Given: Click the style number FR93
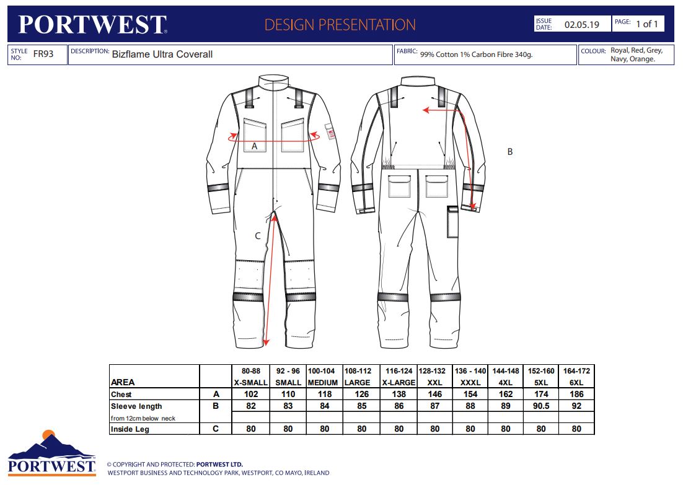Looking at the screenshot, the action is point(43,54).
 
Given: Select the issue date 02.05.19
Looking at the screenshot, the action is point(581,24).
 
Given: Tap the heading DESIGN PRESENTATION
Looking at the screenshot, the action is point(340,25).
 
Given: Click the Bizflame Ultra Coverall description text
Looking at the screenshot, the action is point(162,55).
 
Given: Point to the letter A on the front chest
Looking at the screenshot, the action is point(254,146).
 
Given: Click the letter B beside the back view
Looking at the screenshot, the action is point(510,152).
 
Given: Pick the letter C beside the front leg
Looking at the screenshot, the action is point(257,236).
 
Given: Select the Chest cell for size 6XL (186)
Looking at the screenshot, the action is point(576,394).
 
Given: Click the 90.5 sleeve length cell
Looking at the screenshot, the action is point(541,406).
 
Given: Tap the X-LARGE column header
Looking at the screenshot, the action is point(399,383).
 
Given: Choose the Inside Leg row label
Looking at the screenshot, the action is point(130,429).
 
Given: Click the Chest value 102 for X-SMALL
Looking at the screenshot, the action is point(251,394).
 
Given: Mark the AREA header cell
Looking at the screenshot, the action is point(123,382).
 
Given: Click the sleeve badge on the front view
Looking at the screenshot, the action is point(330,131).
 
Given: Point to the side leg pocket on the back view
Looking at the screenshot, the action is point(452,222).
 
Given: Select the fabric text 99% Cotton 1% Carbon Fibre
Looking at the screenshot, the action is point(476,55).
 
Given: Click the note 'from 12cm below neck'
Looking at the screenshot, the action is point(143,418).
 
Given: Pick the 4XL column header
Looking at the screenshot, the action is point(505,383).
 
